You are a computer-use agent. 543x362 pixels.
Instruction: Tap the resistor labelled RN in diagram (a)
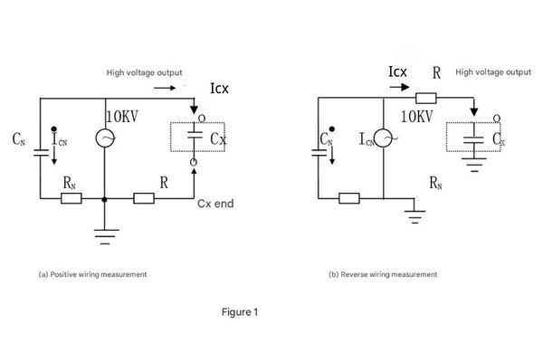tap(70, 197)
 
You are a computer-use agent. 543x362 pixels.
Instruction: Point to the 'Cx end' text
tap(215, 204)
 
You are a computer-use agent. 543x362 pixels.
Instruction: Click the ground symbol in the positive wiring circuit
tap(105, 236)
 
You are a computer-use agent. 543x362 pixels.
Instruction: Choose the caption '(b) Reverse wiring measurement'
tap(384, 273)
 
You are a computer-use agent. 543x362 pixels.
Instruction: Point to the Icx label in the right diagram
tap(400, 71)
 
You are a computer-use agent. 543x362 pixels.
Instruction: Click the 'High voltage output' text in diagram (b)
tap(493, 71)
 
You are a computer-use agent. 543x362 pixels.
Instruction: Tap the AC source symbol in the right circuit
tap(384, 138)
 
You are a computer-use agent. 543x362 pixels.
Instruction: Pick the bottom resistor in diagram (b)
tap(349, 197)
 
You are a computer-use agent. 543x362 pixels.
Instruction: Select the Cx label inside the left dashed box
tap(218, 139)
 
